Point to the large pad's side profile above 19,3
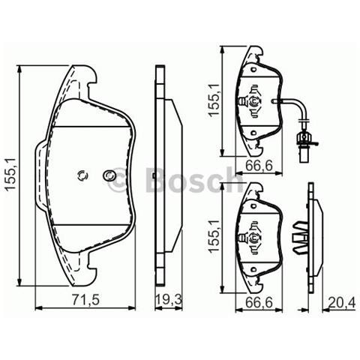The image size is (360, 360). click(x=164, y=172)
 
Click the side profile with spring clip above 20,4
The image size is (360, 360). click(x=307, y=240)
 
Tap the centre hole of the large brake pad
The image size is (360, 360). click(x=82, y=176)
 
